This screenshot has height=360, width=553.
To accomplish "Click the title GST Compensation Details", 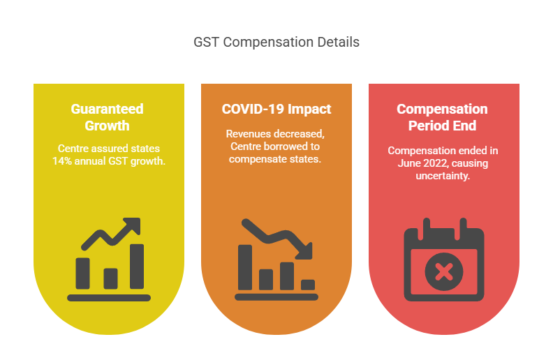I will click(x=276, y=43).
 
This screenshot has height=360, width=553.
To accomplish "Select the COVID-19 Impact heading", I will click(x=276, y=110).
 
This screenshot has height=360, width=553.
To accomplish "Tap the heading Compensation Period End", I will click(x=443, y=117).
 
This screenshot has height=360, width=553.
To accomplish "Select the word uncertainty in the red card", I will click(x=443, y=177).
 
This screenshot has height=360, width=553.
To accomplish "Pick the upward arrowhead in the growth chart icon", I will click(x=133, y=225).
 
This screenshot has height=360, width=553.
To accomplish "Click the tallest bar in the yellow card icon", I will click(x=137, y=266).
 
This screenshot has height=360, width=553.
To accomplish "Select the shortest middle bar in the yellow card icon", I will click(x=110, y=278).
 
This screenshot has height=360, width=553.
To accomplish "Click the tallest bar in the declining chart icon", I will click(x=245, y=267).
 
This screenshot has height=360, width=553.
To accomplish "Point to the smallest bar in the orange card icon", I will click(x=308, y=284).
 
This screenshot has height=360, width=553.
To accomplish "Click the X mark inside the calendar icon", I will click(x=443, y=271).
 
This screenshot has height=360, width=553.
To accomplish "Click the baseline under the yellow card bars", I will click(x=109, y=297).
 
